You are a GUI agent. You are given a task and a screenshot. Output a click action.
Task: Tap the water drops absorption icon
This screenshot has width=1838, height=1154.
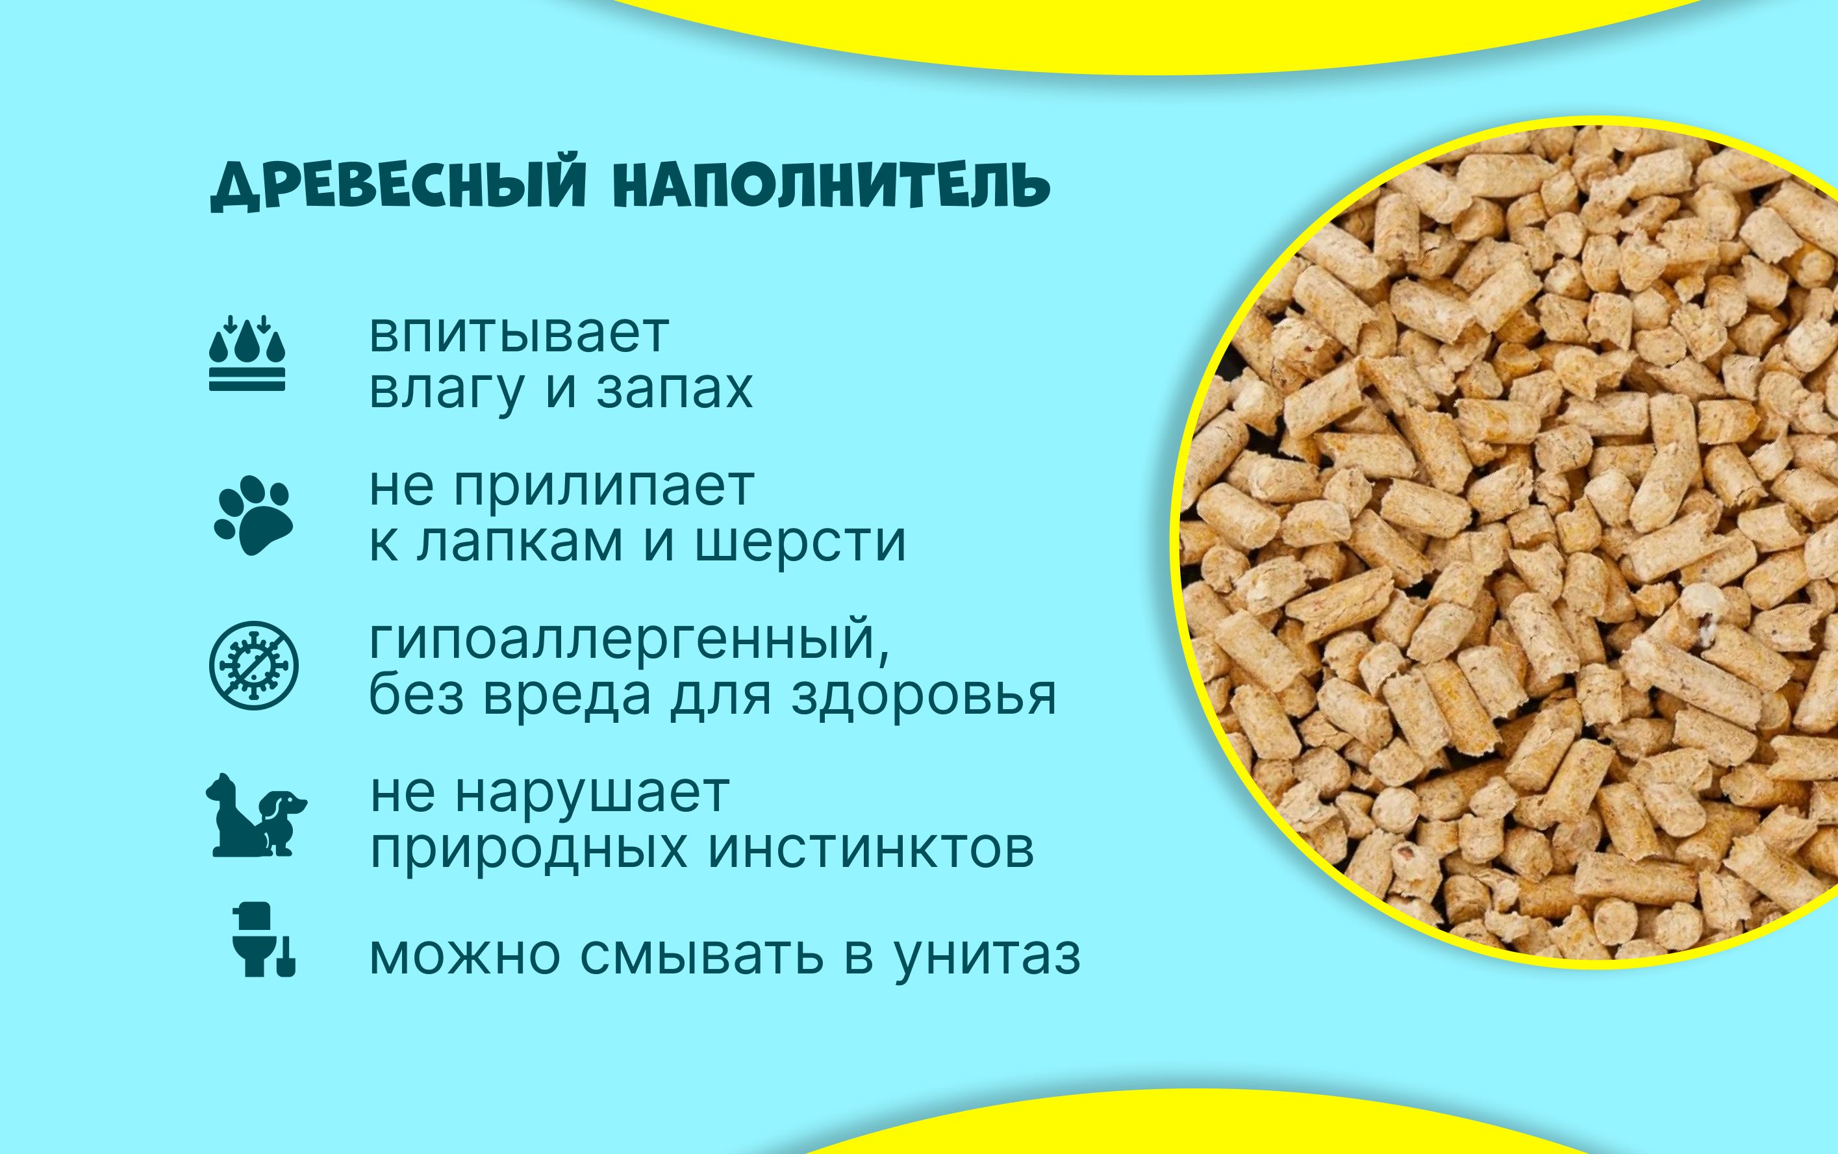(x=247, y=353)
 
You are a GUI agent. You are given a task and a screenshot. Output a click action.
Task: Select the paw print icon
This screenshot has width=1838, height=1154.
(x=253, y=515)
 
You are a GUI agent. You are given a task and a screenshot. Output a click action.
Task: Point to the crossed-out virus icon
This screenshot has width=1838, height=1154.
(x=253, y=666)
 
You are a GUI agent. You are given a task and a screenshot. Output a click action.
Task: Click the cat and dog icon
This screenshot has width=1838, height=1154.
(x=256, y=815)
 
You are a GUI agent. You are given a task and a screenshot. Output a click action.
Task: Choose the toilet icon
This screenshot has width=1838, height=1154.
(x=263, y=940)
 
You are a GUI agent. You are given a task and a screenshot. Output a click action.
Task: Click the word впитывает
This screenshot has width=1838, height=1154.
(x=518, y=334)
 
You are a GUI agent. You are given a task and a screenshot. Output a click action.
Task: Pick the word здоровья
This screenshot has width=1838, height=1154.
(x=924, y=696)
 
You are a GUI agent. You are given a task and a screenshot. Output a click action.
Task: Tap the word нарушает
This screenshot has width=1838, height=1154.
(x=592, y=794)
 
